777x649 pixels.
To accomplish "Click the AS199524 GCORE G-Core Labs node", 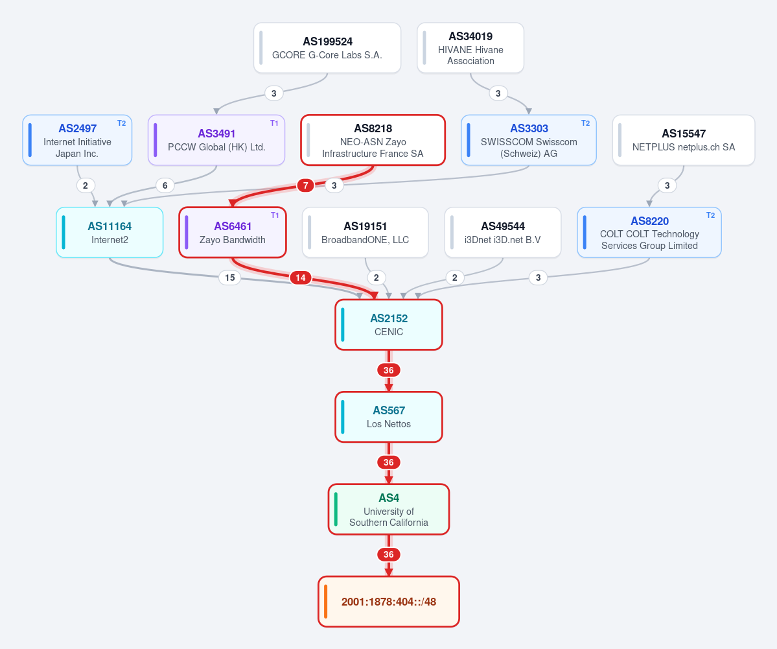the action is click(327, 48).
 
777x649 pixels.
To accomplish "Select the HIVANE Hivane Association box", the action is click(470, 48).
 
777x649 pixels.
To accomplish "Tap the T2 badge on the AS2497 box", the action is click(121, 123).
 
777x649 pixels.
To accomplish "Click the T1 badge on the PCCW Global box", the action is click(274, 123).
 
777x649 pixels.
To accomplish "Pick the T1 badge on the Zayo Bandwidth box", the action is click(275, 215).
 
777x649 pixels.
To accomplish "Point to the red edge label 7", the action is click(305, 185).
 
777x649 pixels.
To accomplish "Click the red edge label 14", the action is click(301, 277).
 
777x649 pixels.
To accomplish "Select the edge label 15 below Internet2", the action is click(230, 277).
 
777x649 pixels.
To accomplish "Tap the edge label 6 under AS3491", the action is click(165, 185).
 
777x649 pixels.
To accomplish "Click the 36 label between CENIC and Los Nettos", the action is click(389, 370).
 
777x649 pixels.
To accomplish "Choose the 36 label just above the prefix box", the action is click(389, 554).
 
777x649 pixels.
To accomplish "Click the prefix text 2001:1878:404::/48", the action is click(389, 602).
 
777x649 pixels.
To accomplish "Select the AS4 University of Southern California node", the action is click(389, 509).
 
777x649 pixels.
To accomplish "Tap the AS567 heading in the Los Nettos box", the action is click(389, 410).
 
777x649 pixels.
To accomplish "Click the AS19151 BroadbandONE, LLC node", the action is click(365, 233).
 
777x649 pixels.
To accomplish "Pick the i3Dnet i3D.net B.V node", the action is click(502, 233).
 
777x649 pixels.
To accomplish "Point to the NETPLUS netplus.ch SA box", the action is click(683, 140).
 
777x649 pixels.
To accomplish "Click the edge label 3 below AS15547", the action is click(667, 185).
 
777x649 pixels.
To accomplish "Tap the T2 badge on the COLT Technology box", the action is click(711, 215).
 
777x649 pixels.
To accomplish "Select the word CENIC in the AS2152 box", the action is click(389, 332).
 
